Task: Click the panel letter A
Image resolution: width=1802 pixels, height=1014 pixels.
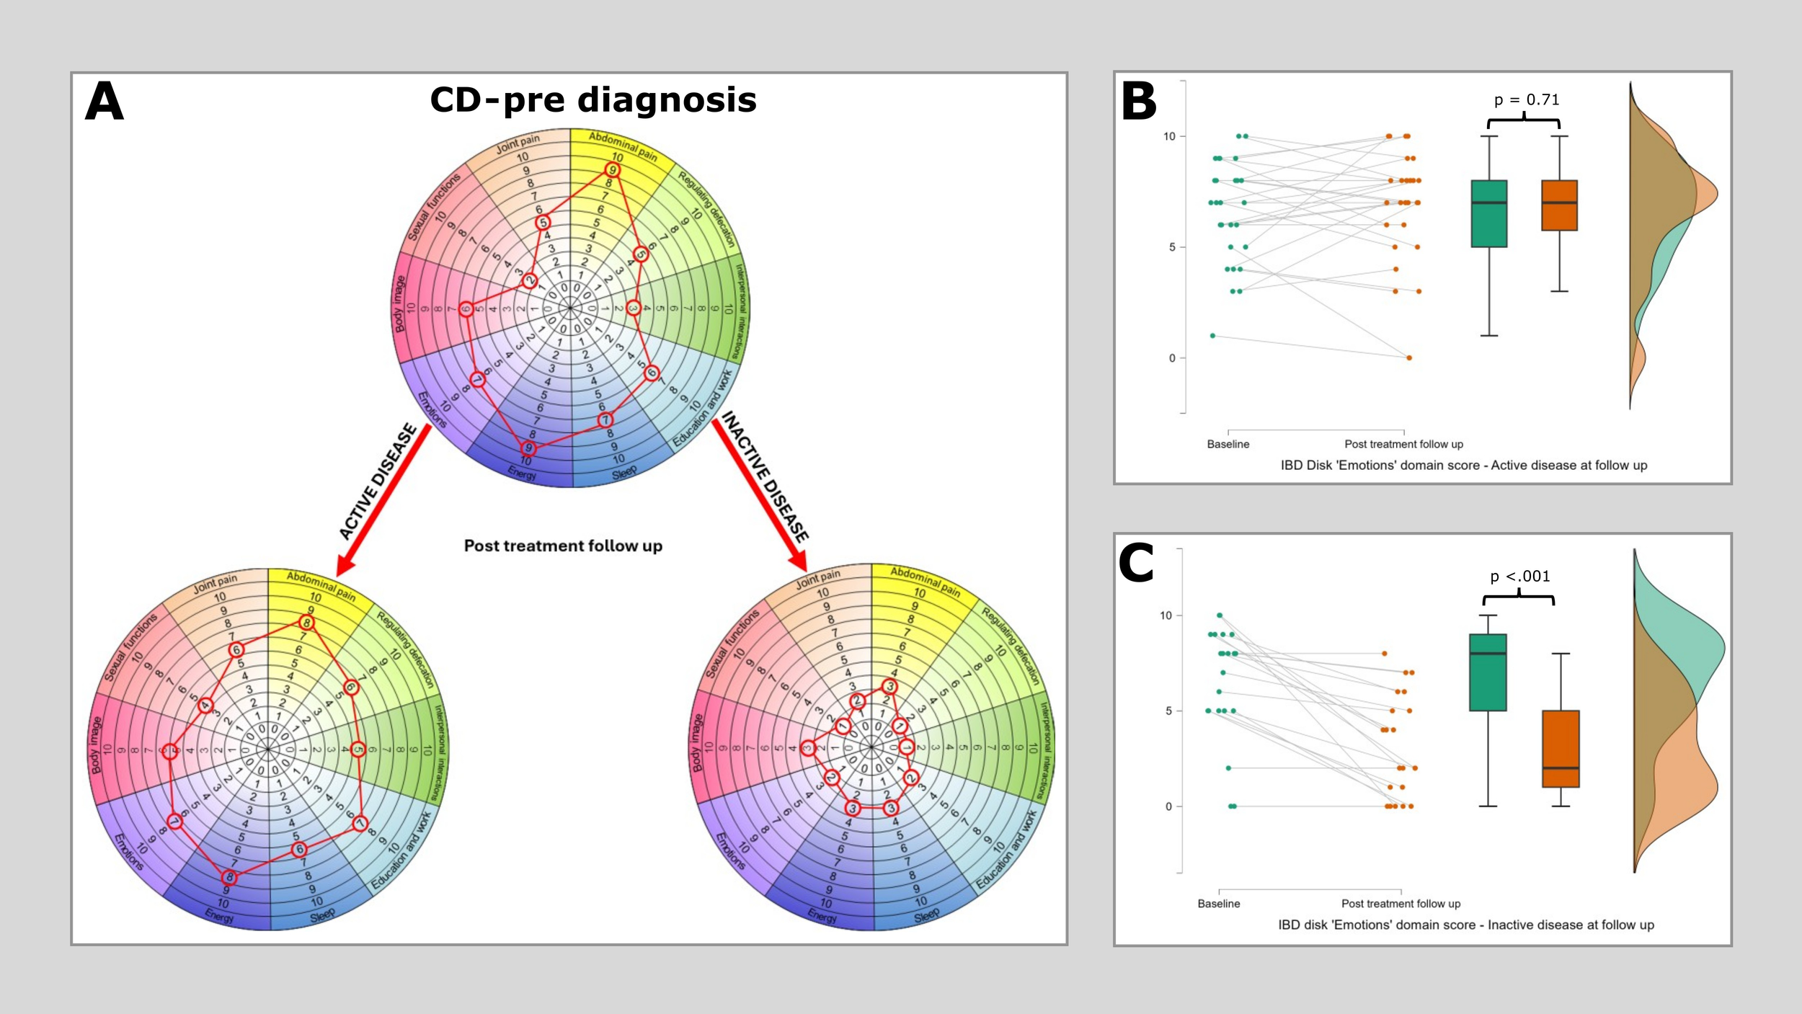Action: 105,102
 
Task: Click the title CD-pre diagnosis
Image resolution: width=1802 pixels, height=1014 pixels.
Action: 592,100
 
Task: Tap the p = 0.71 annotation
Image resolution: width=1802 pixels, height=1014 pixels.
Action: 1526,100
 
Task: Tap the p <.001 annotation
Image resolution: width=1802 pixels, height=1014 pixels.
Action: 1519,577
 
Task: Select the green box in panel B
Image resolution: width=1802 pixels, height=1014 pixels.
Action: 1489,214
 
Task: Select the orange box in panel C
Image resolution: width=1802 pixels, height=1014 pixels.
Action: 1561,749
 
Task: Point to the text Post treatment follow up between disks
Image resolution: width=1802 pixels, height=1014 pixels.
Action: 563,546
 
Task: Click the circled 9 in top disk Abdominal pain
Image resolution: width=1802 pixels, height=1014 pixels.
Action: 612,170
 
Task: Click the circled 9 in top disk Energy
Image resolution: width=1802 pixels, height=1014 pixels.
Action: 528,448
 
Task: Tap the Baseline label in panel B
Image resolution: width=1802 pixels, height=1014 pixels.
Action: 1228,444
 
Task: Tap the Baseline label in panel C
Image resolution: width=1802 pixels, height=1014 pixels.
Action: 1219,904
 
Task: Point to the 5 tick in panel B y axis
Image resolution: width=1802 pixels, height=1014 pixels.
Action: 1172,247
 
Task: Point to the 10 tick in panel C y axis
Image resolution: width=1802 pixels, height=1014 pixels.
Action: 1166,615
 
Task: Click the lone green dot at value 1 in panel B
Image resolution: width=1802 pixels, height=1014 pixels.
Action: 1213,336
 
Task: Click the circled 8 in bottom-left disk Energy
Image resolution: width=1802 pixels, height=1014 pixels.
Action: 229,877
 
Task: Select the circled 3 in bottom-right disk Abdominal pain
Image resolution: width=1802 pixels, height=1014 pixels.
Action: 890,686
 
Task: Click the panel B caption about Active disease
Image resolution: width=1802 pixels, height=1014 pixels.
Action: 1463,466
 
